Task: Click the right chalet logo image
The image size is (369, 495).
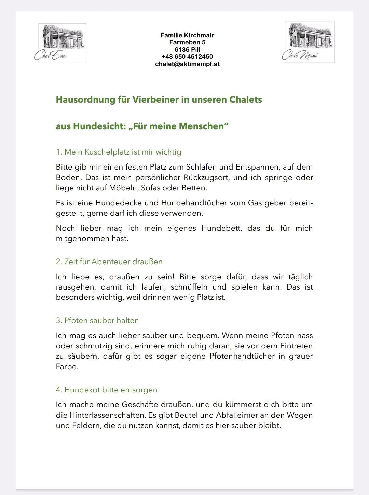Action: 310,42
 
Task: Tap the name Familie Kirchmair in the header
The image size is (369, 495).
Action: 187,35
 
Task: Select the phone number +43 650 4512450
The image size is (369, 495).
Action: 187,57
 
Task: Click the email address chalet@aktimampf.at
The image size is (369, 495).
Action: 187,64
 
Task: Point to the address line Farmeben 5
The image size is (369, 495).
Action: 187,42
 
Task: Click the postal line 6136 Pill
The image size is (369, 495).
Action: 187,50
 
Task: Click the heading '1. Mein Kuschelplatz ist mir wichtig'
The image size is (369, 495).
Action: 119,152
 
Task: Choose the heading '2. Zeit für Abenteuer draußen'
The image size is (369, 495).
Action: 109,262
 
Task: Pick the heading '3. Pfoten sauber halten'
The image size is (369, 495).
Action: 97,321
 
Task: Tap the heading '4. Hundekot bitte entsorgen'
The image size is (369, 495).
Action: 107,390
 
